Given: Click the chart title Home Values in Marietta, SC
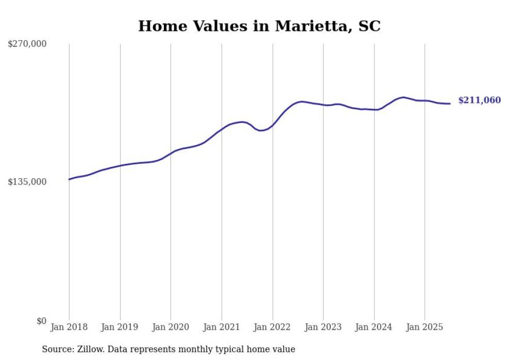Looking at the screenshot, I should [259, 26].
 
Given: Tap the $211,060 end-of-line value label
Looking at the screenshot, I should [479, 100].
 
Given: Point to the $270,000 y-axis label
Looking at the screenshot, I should [27, 44].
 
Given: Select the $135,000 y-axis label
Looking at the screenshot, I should [27, 182].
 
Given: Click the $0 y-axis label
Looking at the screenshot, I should [41, 321].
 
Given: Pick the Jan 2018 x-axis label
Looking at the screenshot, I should [69, 327].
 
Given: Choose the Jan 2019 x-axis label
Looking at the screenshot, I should [120, 327].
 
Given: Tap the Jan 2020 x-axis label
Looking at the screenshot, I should [171, 327].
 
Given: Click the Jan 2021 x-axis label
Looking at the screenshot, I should [222, 327].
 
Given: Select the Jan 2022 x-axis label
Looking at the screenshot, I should [272, 327].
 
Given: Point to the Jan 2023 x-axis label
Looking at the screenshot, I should [323, 327].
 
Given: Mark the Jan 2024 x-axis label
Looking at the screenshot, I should [374, 327].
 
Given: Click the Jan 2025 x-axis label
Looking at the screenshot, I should [425, 327].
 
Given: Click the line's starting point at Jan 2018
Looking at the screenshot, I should [69, 179].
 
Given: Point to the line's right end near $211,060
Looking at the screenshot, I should [450, 104].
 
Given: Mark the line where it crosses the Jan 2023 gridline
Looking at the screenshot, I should [323, 105].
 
